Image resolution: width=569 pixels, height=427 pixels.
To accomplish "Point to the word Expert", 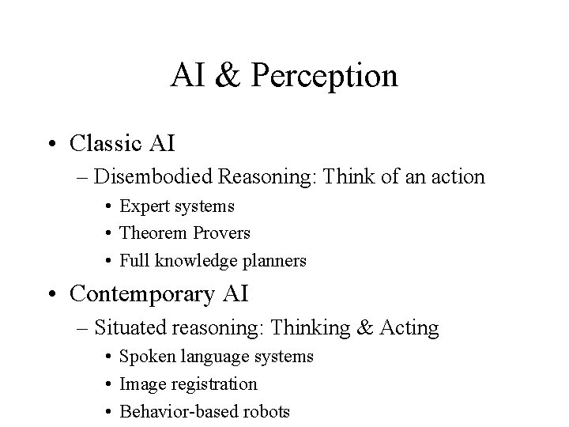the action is coord(145,206).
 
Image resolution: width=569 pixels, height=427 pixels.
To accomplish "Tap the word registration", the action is coord(209,384).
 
